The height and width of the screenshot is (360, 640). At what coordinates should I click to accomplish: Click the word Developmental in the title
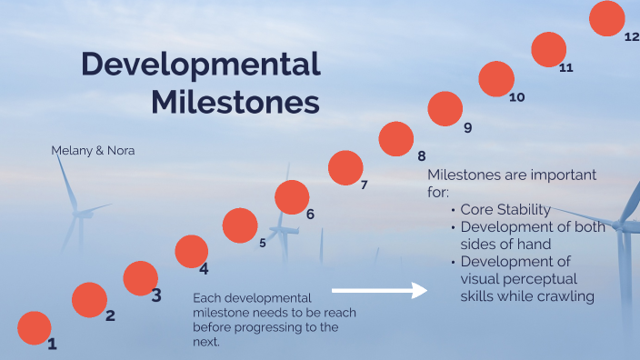201,65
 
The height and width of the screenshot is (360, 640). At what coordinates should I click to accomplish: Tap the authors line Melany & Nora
93,150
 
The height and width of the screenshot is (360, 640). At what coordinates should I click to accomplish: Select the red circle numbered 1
35,328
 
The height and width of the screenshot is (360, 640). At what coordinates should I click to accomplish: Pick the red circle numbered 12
606,18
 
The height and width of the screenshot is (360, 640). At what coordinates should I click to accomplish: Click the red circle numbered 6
292,197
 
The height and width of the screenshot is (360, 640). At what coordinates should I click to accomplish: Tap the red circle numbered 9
445,109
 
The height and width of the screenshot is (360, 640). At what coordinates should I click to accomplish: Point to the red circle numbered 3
140,278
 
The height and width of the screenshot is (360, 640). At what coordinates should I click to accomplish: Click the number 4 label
204,269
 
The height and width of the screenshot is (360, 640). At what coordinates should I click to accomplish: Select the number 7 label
364,185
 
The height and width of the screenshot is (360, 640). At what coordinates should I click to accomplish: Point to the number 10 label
516,97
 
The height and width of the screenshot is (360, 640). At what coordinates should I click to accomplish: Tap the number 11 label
566,68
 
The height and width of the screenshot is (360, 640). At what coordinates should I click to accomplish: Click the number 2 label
110,316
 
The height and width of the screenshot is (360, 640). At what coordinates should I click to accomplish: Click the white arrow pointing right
379,290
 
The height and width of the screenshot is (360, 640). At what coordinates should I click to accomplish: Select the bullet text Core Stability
505,210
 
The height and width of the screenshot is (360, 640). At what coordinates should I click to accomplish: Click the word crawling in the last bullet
564,296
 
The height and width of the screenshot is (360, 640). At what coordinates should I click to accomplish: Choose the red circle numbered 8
395,139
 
